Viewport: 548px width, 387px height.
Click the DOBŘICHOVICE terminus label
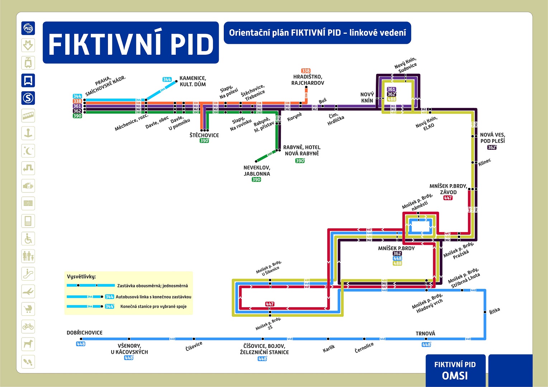coord(85,333)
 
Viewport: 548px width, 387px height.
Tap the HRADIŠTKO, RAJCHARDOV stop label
coord(308,80)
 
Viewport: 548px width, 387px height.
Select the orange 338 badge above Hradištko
coord(306,71)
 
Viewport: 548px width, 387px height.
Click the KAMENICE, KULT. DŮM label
coord(193,81)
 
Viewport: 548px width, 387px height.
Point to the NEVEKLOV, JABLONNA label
coord(257,171)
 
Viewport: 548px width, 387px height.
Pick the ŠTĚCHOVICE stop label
coord(204,135)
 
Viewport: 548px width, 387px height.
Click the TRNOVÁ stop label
coord(425,334)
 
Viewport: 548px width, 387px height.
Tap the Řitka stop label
coord(495,311)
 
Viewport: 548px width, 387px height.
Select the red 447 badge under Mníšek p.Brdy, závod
coord(448,198)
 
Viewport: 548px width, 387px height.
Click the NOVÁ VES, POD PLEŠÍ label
coord(492,138)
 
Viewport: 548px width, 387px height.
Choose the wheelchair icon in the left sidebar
coord(28,239)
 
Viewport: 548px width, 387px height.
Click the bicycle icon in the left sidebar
coord(28,326)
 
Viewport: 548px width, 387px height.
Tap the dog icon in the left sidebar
coord(28,344)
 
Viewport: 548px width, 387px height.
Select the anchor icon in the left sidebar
coord(28,133)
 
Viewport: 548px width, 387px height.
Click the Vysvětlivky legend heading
coord(81,277)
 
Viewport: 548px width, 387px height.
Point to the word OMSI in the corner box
coord(455,376)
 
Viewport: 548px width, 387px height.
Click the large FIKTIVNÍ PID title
coord(131,44)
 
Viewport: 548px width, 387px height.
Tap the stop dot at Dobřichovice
coord(81,339)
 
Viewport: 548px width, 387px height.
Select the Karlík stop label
coord(329,348)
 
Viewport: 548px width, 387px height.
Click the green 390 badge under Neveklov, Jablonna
coord(256,180)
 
